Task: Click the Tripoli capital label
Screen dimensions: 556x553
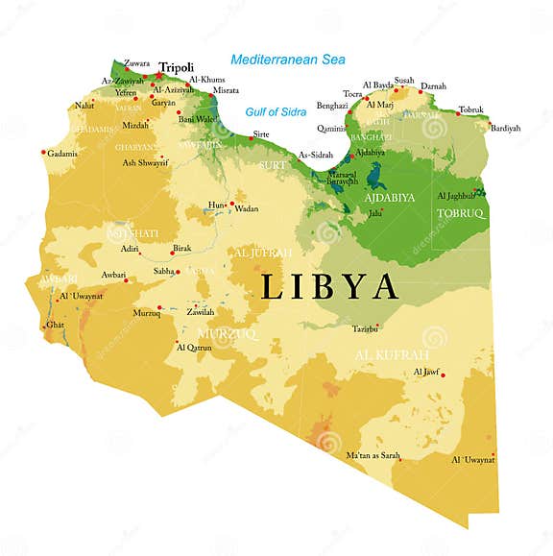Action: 177,67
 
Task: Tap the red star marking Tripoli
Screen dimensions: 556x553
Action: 157,75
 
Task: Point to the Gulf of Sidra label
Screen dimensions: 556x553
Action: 275,111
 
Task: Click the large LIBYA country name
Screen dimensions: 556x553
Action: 329,286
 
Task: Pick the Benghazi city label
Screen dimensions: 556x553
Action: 332,105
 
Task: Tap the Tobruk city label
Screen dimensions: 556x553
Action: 471,109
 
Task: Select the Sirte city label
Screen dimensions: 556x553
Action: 260,134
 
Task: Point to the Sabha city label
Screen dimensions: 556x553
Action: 164,272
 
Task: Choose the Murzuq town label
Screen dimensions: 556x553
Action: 146,313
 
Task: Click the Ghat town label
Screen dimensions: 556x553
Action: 55,325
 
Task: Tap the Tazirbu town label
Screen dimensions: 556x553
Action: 365,328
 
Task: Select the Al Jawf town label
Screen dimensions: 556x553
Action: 425,371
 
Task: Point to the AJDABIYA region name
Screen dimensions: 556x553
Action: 389,198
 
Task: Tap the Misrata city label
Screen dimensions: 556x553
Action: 227,89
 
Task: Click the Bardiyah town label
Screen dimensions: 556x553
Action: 505,128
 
